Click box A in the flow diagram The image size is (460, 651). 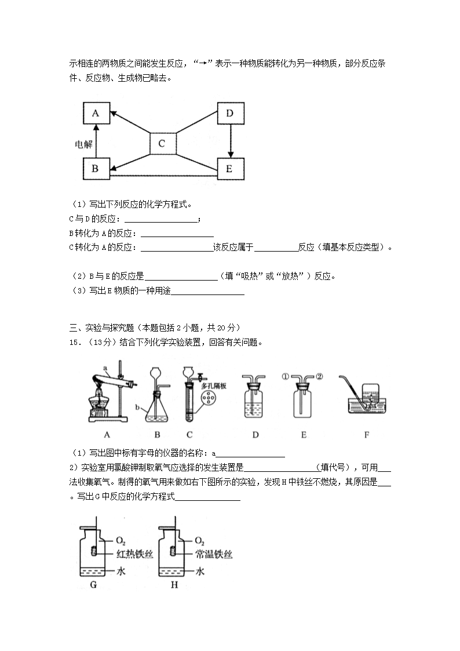(96, 114)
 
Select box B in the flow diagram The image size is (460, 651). (96, 169)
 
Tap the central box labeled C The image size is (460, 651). (162, 144)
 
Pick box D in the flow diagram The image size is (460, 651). (229, 114)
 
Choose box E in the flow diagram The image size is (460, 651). (229, 169)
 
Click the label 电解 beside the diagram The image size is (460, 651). (84, 144)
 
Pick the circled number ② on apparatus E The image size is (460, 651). (319, 375)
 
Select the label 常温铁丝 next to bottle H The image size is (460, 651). (215, 555)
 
